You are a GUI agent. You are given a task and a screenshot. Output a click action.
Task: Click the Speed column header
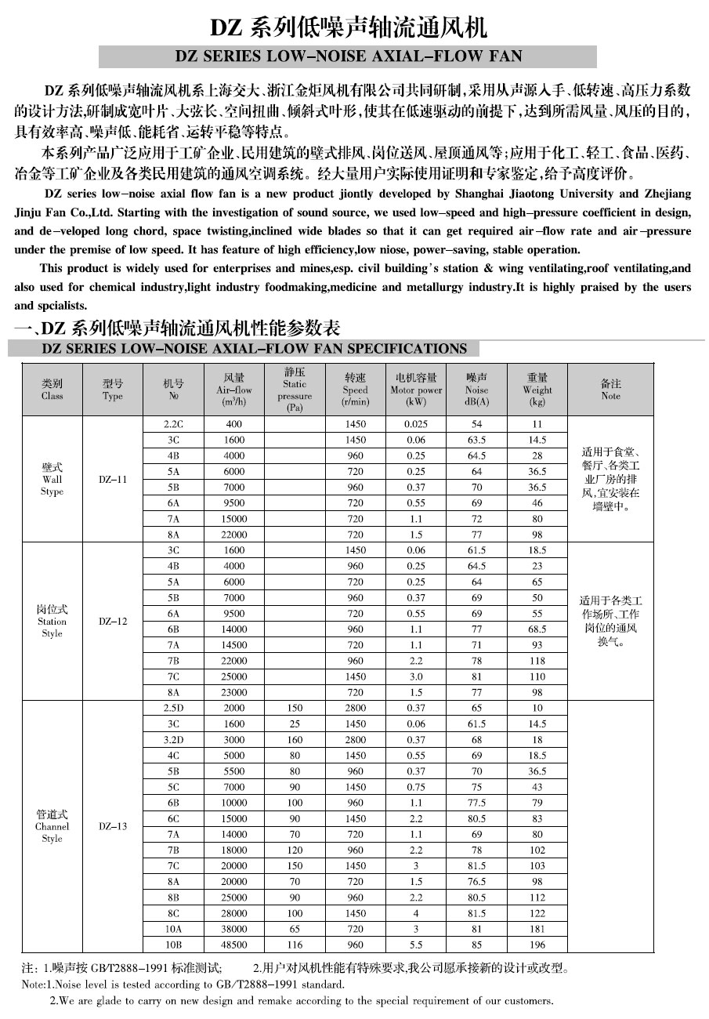[355, 390]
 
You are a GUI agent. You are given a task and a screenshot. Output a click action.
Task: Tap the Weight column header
[537, 390]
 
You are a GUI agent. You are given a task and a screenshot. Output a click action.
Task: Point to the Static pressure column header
[295, 390]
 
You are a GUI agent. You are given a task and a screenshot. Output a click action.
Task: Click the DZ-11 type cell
[113, 479]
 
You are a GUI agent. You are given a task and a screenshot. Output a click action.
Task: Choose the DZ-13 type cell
[113, 826]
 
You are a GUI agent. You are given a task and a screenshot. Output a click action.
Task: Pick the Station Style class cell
[52, 621]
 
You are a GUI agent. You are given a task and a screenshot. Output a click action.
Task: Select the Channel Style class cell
[52, 826]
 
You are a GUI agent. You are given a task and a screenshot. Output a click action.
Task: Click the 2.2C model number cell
[172, 424]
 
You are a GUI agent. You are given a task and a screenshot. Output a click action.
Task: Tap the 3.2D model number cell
[172, 740]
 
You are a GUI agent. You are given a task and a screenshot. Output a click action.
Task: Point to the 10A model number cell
[172, 929]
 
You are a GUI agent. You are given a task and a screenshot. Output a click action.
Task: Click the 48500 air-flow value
[234, 945]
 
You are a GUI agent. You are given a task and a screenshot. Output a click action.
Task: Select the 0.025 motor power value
[416, 424]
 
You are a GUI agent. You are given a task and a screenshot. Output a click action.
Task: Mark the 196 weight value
[537, 945]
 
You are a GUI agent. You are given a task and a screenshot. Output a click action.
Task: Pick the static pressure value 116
[295, 945]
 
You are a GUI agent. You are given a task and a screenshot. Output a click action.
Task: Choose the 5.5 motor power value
[416, 945]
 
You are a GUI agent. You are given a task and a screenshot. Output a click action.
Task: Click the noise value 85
[476, 945]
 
